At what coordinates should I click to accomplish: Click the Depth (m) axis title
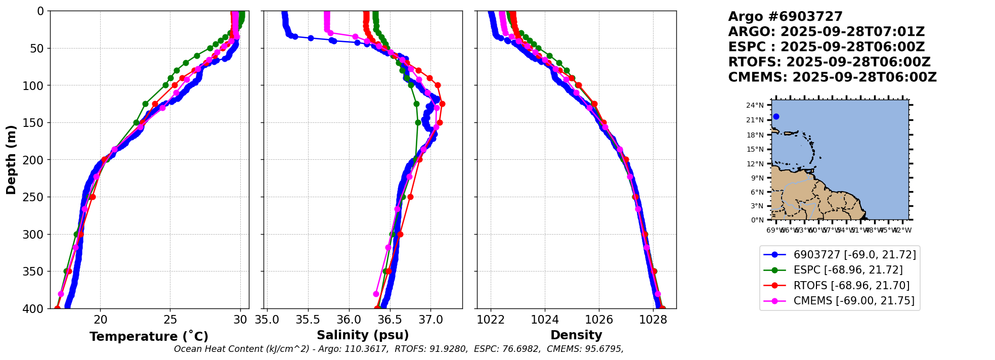11,160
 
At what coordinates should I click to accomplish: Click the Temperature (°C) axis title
149,337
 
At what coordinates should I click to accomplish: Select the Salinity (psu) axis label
363,335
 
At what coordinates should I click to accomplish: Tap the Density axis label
576,335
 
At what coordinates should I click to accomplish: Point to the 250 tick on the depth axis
36,197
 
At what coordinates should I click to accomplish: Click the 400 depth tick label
36,308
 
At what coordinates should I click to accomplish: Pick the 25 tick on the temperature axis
170,320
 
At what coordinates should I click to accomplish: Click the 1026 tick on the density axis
599,320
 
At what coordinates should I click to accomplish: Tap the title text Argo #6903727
785,17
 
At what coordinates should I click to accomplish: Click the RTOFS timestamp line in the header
829,62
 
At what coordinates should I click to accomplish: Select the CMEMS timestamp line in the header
832,77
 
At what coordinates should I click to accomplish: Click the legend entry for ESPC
848,270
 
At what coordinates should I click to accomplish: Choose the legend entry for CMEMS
854,301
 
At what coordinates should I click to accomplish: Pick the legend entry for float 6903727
854,255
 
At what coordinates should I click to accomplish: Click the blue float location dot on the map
776,117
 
